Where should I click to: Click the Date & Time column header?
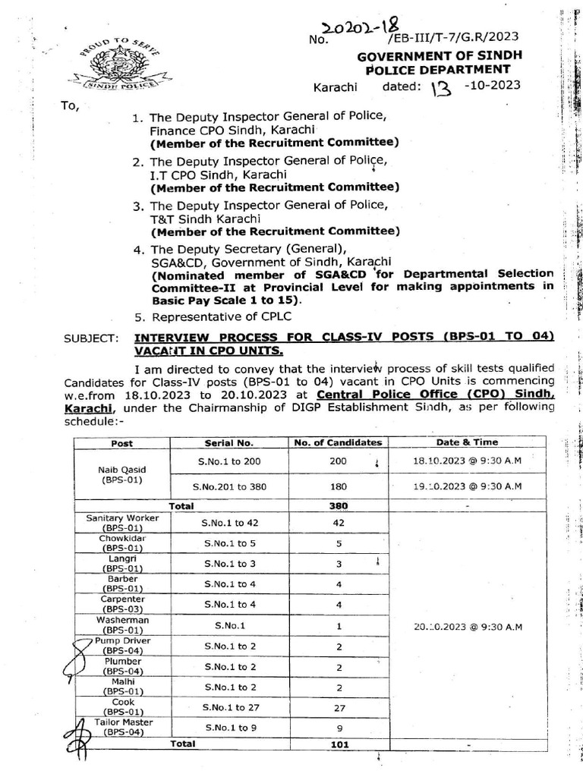click(468, 442)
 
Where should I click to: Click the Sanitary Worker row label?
click(122, 522)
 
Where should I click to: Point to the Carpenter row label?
click(122, 605)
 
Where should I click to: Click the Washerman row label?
click(122, 625)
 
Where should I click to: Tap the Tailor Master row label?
click(122, 727)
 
